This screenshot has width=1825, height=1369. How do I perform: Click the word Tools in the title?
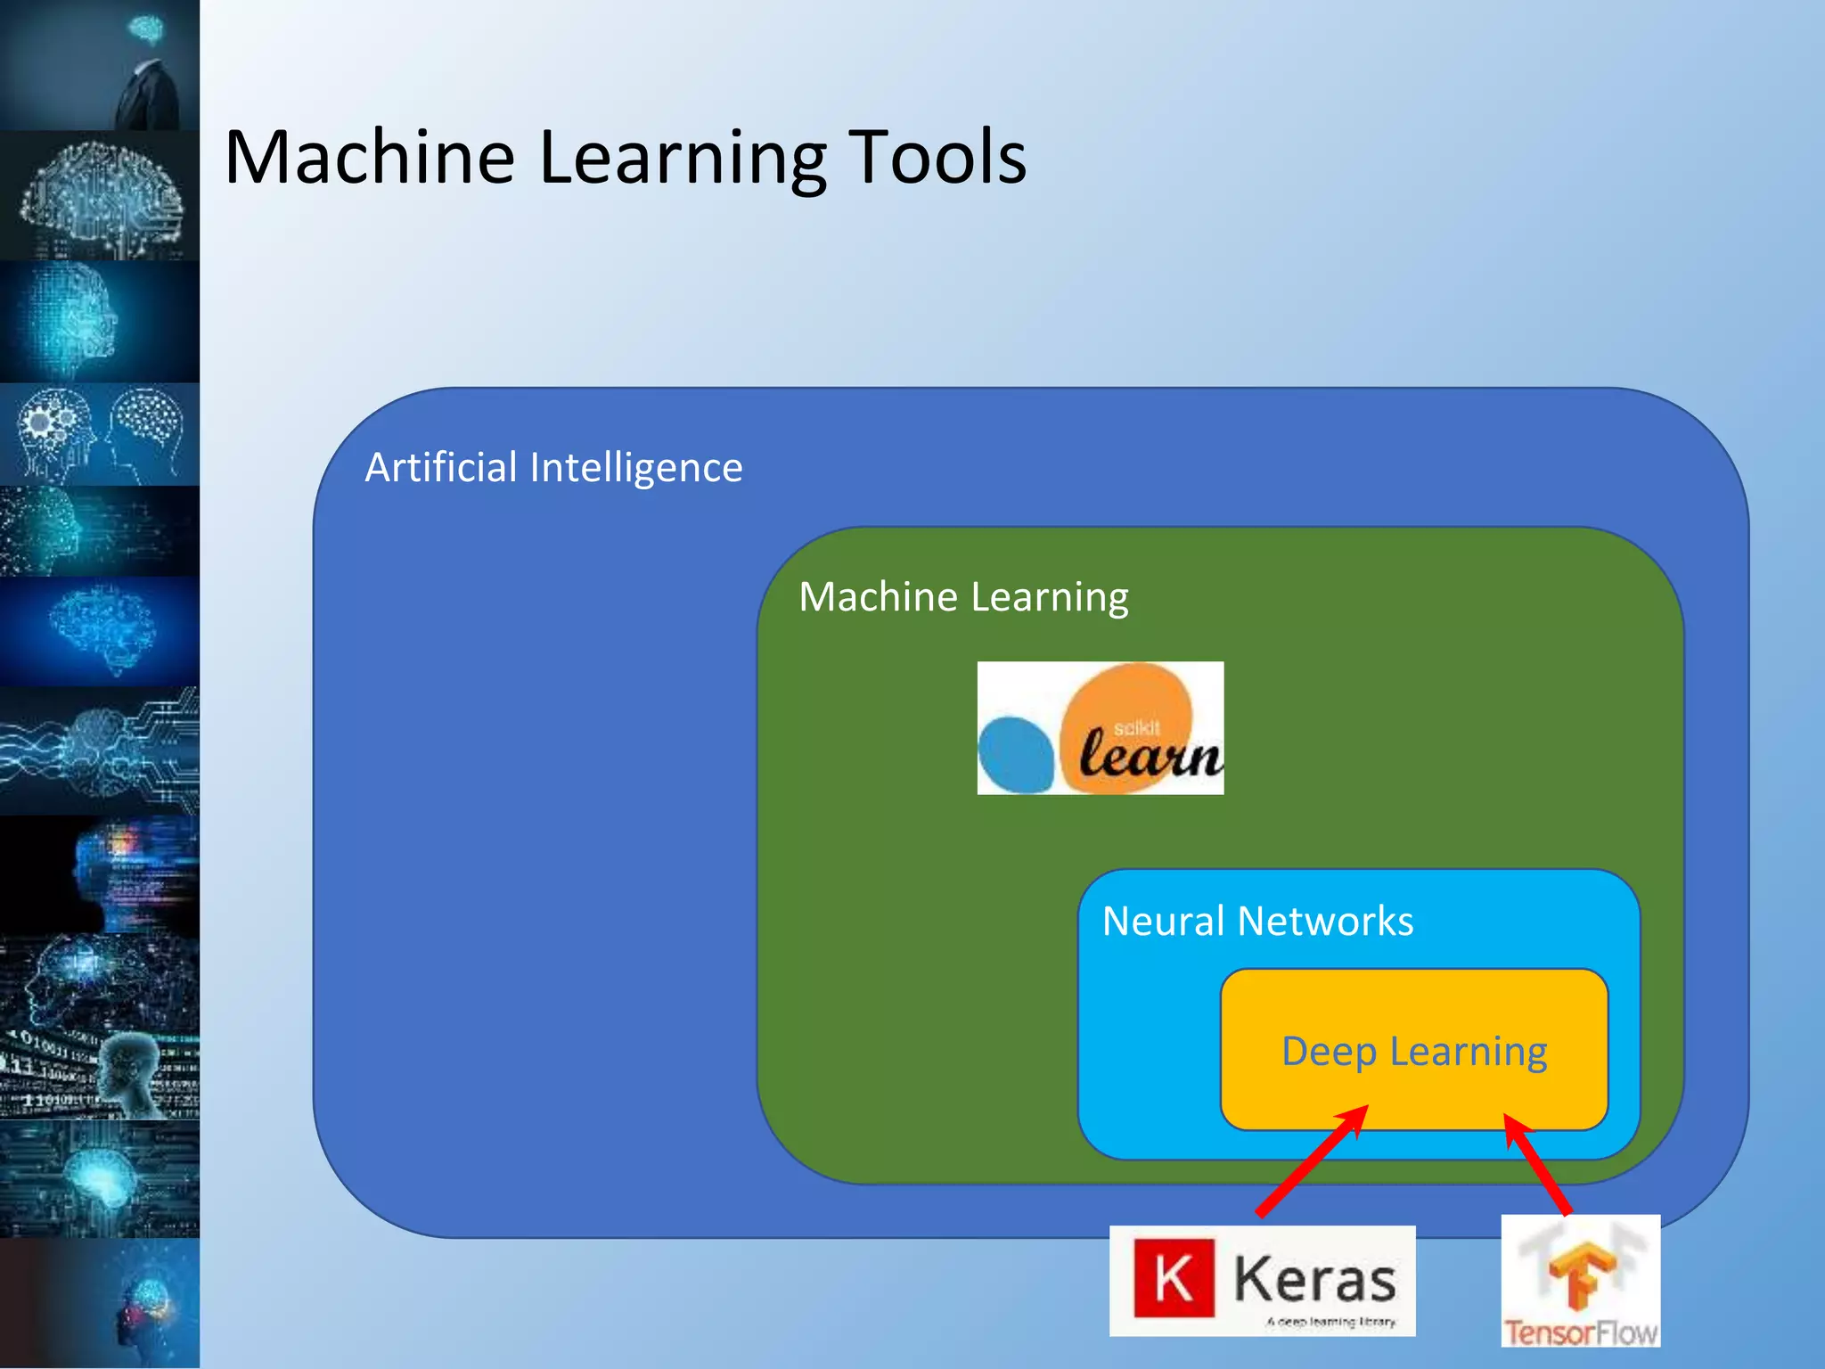936,158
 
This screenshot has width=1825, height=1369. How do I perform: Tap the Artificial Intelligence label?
553,468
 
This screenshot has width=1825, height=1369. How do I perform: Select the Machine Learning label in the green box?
963,597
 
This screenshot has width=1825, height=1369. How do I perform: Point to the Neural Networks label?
1257,922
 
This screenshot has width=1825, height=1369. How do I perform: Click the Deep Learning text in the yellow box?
1414,1052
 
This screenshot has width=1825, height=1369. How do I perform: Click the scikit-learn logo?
1100,728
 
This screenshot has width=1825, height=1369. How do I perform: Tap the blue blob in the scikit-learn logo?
1016,754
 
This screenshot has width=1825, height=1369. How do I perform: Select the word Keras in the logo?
1314,1280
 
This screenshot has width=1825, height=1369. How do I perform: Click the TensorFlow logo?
1581,1280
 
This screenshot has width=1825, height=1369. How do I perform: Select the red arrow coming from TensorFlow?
1537,1165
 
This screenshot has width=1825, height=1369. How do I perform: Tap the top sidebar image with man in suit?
100,65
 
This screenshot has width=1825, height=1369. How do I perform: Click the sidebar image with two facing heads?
100,434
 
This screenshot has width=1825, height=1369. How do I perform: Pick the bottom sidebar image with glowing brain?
100,1303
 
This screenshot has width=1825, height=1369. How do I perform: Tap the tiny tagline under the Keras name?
1331,1322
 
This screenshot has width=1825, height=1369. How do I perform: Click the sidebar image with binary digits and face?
100,1074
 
